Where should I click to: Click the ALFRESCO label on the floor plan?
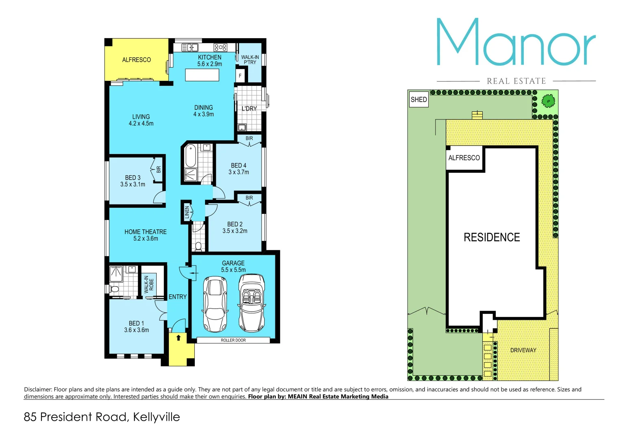[x=136, y=60]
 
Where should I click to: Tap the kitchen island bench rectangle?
[x=202, y=75]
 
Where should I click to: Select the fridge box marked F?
[x=240, y=76]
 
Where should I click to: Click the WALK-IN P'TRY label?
[x=250, y=60]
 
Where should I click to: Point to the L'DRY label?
[x=249, y=109]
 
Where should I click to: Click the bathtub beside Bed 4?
[x=190, y=156]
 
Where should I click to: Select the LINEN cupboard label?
[x=187, y=212]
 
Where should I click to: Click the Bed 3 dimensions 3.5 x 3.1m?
[x=133, y=185]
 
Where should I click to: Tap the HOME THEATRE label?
[x=145, y=232]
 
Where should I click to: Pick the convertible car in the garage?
[x=251, y=303]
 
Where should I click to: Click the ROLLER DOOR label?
[x=233, y=340]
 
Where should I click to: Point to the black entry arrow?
[x=178, y=337]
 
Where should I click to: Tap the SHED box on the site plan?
[x=418, y=100]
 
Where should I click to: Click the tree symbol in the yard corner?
[x=548, y=100]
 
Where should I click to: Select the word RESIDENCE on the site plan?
[x=492, y=237]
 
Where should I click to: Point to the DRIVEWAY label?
[x=523, y=350]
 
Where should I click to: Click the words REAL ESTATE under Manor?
[x=516, y=81]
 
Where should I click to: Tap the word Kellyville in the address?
[x=156, y=417]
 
